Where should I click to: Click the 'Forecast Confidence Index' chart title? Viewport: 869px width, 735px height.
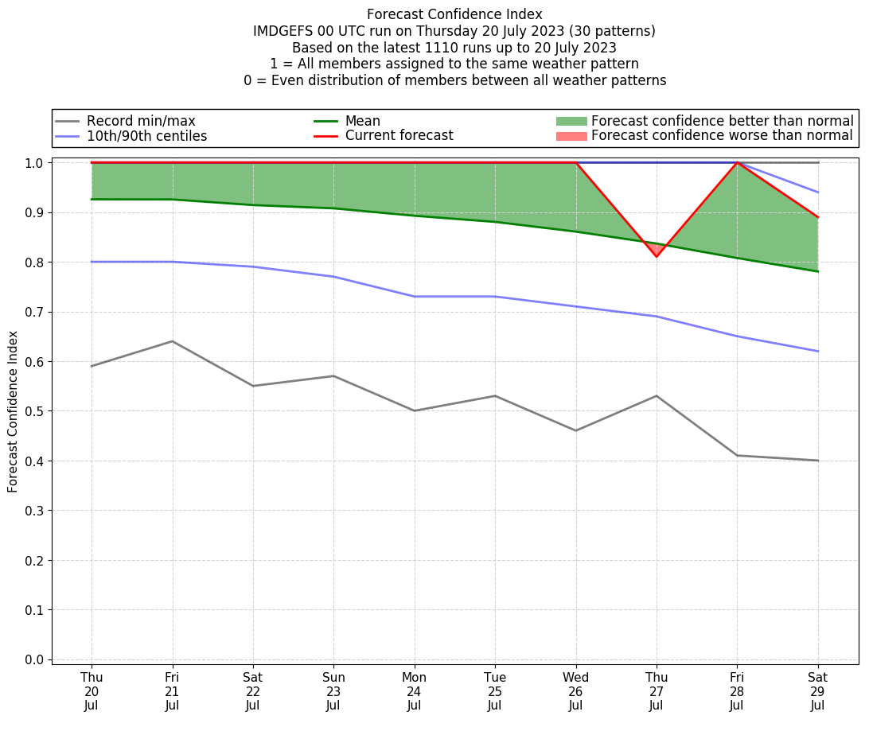point(454,14)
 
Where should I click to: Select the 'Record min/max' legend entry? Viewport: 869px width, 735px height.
point(141,121)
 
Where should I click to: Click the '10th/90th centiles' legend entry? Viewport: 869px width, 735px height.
point(146,136)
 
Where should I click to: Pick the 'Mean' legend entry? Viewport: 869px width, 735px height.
point(362,121)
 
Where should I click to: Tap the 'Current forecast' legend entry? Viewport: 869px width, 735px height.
point(399,136)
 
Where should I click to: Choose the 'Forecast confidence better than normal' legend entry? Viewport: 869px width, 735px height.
point(722,121)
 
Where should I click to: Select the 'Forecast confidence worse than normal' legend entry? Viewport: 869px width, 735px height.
point(722,136)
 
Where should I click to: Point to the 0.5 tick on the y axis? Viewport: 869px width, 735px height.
point(36,411)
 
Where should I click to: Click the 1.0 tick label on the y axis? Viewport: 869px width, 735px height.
point(36,163)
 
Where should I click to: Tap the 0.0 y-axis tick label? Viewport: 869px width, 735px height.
point(36,659)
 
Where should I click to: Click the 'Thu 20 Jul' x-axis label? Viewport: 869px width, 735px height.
point(92,690)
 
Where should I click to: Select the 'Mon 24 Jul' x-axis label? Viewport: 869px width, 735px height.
point(415,690)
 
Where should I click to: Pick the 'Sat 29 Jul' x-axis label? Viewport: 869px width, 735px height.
point(817,690)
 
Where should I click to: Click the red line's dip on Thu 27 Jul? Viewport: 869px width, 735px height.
point(657,256)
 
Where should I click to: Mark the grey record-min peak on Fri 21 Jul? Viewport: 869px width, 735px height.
point(172,341)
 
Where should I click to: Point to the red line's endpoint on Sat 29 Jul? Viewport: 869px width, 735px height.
point(817,217)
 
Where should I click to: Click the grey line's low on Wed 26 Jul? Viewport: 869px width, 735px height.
point(575,430)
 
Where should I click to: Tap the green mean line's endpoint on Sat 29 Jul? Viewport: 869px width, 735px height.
point(817,271)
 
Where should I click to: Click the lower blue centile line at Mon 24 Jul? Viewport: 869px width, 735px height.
point(415,297)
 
